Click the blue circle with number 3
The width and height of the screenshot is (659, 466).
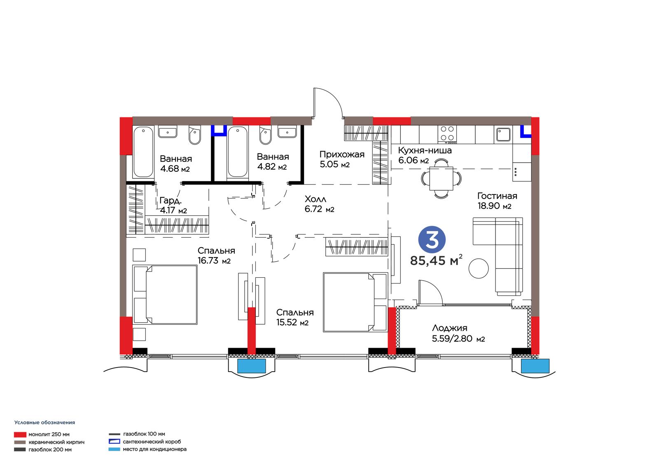(x=432, y=239)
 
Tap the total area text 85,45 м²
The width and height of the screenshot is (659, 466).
(x=436, y=260)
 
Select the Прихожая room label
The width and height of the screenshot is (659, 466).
(x=342, y=154)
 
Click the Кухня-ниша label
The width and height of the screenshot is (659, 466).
(x=425, y=150)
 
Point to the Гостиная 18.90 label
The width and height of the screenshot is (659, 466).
(x=497, y=201)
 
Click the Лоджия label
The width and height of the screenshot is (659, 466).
(x=449, y=328)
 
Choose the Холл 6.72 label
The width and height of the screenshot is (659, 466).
(x=319, y=204)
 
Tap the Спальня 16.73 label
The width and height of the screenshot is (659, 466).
(x=216, y=255)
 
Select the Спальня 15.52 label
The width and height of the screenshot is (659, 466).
(x=295, y=317)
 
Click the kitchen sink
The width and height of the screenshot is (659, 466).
(x=503, y=135)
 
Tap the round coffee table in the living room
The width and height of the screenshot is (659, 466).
(x=479, y=268)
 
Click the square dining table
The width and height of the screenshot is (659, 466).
(x=441, y=178)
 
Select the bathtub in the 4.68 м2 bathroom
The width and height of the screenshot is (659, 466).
(x=143, y=152)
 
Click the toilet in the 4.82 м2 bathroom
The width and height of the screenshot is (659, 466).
(x=265, y=135)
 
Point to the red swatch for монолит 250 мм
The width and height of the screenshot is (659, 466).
(x=20, y=435)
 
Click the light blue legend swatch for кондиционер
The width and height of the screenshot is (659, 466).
(x=114, y=449)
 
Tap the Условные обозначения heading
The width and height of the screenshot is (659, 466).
(x=45, y=422)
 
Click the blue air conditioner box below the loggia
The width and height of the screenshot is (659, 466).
(x=535, y=366)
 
